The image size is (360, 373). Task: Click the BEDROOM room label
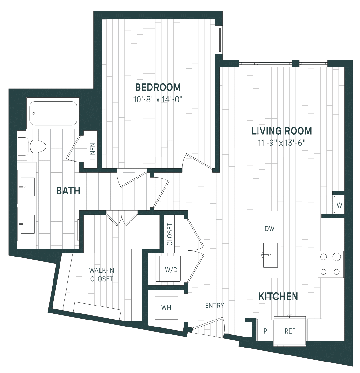tap(158, 87)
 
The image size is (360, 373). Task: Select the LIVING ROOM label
tap(282, 131)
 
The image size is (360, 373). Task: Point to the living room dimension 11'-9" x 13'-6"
tap(282, 143)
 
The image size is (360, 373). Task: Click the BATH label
tap(68, 191)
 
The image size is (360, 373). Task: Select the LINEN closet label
tap(93, 151)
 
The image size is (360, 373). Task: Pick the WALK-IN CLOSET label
tap(102, 275)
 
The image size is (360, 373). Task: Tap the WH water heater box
tap(166, 307)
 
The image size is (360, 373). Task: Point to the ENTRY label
tap(215, 306)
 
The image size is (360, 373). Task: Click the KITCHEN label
tap(278, 296)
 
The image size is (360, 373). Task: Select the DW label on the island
tap(270, 229)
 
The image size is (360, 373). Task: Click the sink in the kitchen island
tap(270, 255)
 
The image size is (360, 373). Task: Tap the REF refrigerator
tap(290, 331)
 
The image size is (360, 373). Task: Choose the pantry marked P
tap(265, 331)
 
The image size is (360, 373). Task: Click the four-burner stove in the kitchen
tap(331, 264)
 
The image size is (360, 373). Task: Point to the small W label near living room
tap(340, 205)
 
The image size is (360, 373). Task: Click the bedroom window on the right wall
tap(219, 39)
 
